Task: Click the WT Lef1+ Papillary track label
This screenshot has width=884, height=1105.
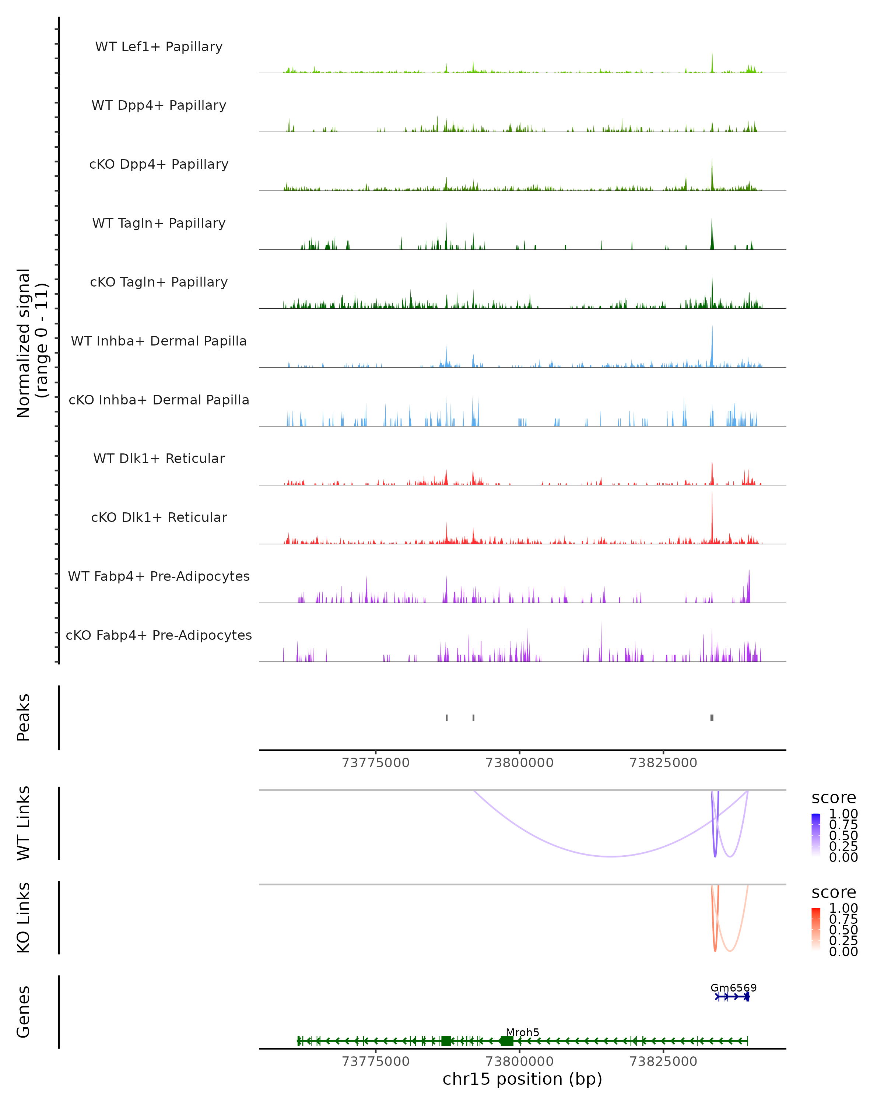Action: (159, 47)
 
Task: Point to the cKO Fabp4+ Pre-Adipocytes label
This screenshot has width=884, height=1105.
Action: (159, 635)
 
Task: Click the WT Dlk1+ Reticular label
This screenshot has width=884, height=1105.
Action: (159, 458)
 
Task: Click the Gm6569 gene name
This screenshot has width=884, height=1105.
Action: (733, 988)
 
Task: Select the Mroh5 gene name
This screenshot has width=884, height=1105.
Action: (522, 1032)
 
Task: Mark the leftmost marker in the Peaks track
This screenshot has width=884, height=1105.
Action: (447, 718)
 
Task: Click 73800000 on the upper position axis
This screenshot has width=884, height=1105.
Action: (519, 763)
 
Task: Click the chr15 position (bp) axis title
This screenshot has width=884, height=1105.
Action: (522, 1079)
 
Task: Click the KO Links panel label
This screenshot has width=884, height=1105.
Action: (24, 918)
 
